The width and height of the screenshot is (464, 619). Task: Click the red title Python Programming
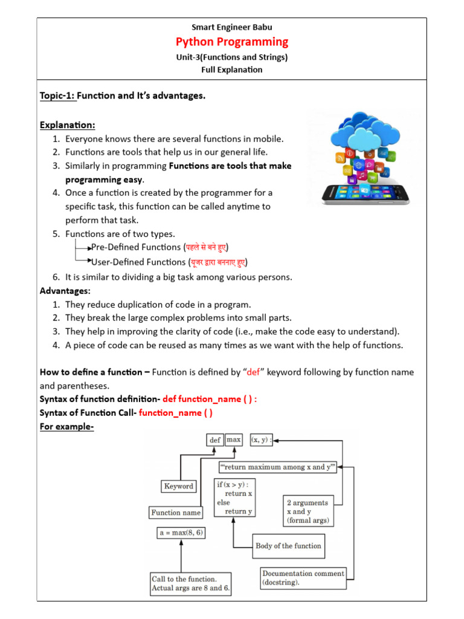[x=232, y=42]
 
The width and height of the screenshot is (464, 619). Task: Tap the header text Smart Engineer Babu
[x=232, y=27]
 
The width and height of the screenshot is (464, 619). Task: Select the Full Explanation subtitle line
[x=232, y=70]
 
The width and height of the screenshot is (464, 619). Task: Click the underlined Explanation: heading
[x=68, y=125]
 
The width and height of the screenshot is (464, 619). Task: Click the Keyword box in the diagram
[x=179, y=486]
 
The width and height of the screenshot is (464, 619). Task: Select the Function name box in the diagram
[x=175, y=513]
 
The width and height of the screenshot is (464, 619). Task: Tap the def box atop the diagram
[x=215, y=441]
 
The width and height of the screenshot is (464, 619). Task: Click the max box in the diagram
[x=234, y=441]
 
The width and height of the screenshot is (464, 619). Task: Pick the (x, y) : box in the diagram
[x=262, y=441]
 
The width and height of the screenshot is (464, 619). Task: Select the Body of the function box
[x=289, y=546]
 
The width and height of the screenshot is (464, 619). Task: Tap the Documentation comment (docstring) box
[x=303, y=578]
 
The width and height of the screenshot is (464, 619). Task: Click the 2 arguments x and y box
[x=308, y=511]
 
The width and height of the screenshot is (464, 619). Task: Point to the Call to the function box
[x=191, y=583]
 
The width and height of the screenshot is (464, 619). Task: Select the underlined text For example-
[x=66, y=426]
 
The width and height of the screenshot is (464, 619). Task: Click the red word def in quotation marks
[x=253, y=372]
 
